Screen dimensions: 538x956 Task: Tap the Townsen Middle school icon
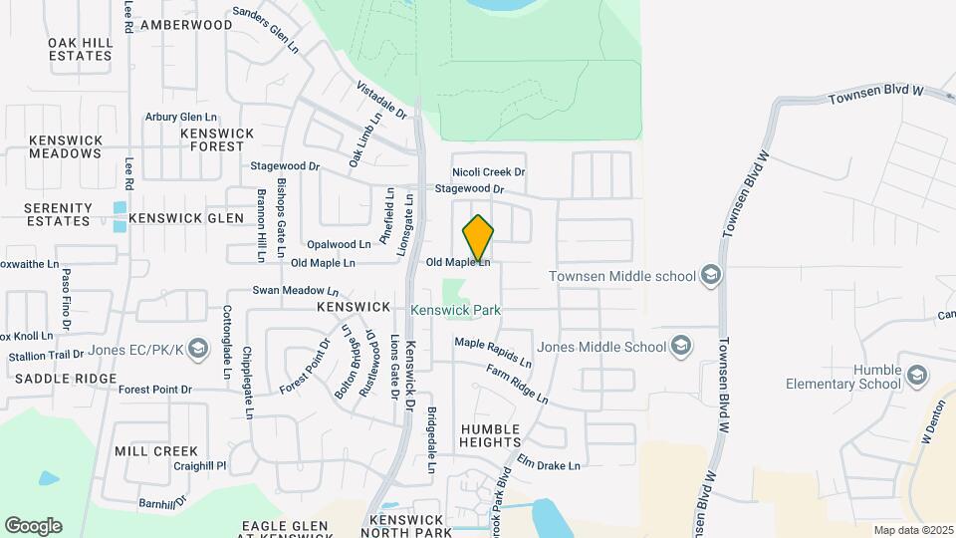pos(710,274)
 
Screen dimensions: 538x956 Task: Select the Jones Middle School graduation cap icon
pos(681,347)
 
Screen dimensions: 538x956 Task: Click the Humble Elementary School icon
pos(917,376)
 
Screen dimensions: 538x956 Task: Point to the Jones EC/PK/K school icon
pos(197,348)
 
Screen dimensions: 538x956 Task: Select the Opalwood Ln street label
pos(339,244)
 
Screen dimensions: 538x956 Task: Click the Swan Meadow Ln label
pos(296,291)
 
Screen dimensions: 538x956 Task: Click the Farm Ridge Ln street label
pos(517,384)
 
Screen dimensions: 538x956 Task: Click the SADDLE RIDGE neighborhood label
pos(65,380)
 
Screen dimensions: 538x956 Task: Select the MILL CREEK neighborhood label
pos(156,451)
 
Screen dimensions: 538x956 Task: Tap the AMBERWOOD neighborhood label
pos(186,24)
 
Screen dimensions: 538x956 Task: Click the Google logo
pos(33,526)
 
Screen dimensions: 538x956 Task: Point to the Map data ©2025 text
pos(911,530)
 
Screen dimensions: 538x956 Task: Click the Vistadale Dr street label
pos(381,100)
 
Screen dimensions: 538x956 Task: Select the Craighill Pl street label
pos(200,465)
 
